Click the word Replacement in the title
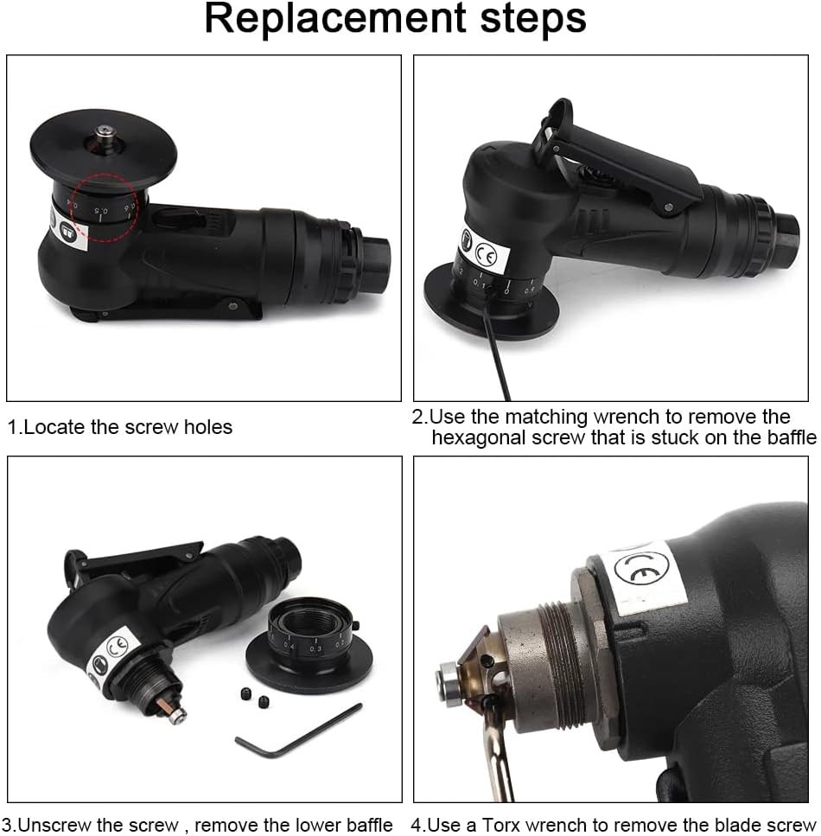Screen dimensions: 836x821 coord(338,19)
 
